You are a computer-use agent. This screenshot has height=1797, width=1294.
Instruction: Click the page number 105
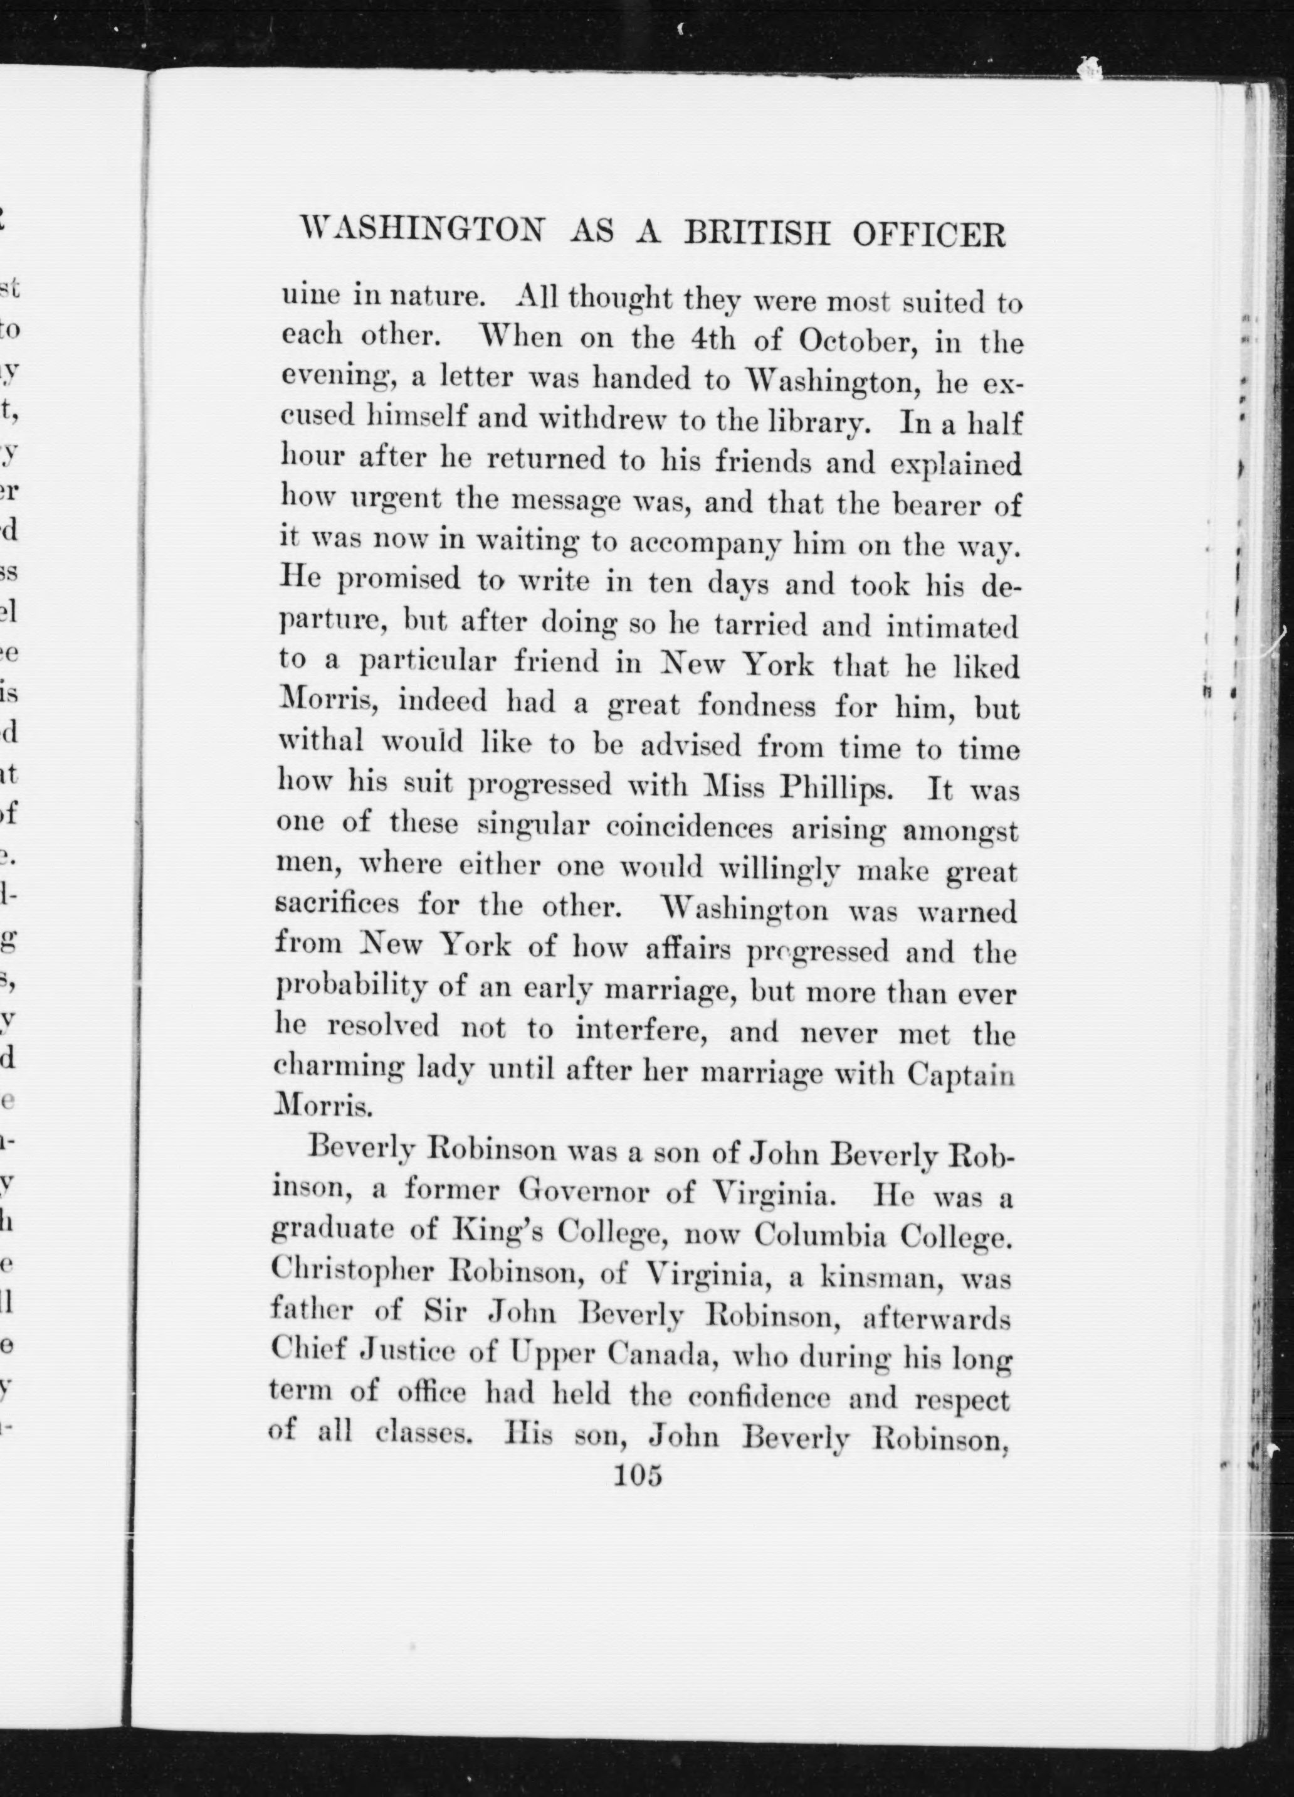(638, 1474)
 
